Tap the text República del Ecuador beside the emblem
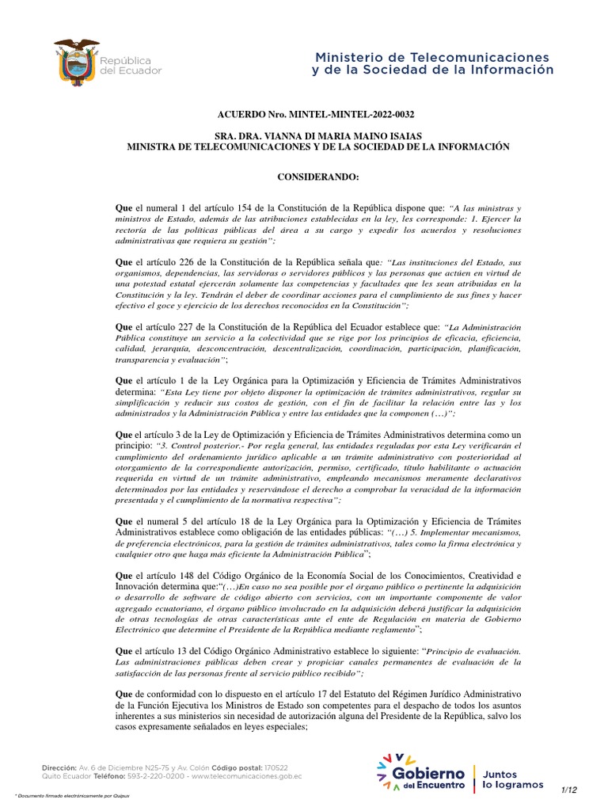pos(129,65)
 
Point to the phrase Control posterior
pos(199,446)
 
